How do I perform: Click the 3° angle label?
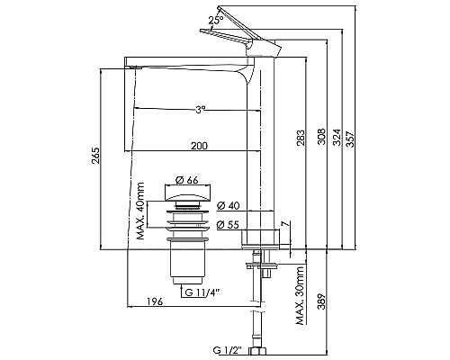point(199,110)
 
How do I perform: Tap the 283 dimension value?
point(300,137)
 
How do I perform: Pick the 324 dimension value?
point(338,137)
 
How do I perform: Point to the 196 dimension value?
point(155,303)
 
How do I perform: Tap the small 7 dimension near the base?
point(283,223)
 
